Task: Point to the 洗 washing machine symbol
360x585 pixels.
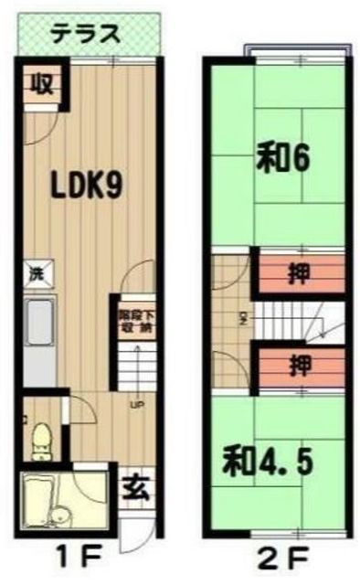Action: pyautogui.click(x=33, y=271)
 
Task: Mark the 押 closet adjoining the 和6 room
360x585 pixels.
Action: pyautogui.click(x=299, y=274)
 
